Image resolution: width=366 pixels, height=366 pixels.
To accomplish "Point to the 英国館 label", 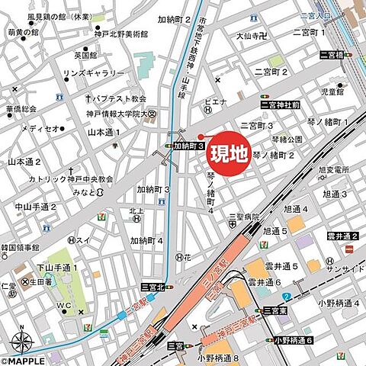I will click(85, 55).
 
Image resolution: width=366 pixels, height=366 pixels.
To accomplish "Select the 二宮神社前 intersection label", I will click(286, 104).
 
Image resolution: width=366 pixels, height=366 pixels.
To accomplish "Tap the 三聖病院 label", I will click(242, 217).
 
